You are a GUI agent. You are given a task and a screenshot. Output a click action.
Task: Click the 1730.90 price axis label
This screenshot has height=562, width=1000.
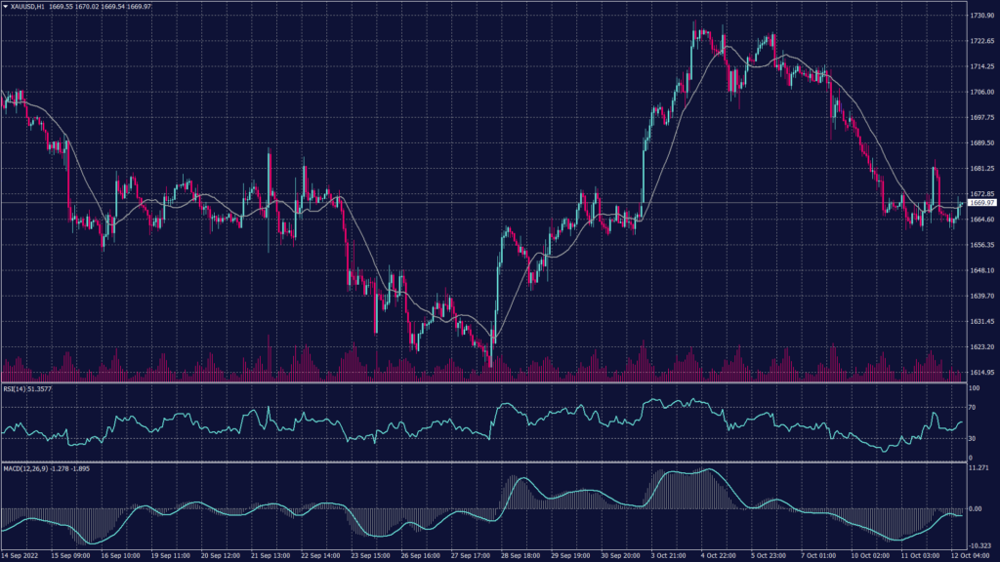[x=981, y=16]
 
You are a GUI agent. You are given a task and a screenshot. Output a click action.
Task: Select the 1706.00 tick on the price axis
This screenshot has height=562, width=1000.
[x=981, y=92]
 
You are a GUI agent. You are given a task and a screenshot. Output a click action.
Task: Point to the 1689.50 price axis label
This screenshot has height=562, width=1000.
[x=981, y=142]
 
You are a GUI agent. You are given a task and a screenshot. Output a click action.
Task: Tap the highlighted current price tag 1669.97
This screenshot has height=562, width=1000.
[x=981, y=203]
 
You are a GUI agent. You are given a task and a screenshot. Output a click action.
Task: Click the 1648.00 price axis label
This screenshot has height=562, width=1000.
[x=981, y=270]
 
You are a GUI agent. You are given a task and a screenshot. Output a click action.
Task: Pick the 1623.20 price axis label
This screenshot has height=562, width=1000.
[x=981, y=346]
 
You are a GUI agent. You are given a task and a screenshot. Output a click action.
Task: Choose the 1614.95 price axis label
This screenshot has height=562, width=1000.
[x=981, y=372]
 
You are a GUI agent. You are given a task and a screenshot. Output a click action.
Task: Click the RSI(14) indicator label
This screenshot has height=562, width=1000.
[x=26, y=388]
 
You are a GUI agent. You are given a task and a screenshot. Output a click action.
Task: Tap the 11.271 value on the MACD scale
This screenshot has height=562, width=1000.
[x=979, y=468]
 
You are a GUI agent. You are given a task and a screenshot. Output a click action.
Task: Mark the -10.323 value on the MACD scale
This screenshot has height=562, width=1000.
[x=979, y=545]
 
